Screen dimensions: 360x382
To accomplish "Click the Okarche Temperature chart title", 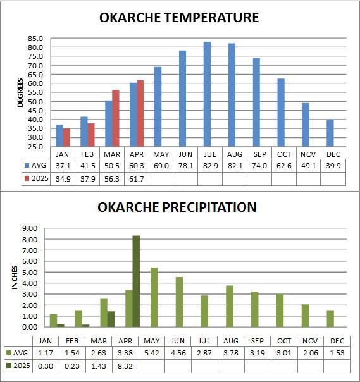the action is tap(179, 18).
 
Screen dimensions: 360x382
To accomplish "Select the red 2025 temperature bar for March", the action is tap(116, 118).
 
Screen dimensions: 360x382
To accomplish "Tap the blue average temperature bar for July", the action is tap(207, 94).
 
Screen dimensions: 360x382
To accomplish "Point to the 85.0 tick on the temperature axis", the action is tap(35, 39).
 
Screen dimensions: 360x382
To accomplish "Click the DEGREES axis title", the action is tap(20, 92).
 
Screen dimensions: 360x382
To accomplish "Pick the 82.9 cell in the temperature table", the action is tap(210, 166).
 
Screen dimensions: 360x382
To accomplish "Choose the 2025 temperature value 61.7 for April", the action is tap(136, 179).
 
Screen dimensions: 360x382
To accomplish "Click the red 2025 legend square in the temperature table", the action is tap(27, 178).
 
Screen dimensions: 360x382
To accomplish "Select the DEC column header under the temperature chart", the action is tap(333, 154).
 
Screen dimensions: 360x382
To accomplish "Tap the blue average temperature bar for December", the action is tap(330, 133).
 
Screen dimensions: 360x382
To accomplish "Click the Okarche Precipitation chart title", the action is tap(177, 207).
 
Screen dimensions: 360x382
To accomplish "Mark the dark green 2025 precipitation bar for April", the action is tap(136, 281).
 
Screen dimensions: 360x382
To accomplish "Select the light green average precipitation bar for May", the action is tap(154, 297).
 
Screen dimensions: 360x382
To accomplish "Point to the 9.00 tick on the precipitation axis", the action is tap(30, 228).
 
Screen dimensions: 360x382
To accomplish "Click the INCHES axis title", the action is tap(15, 278).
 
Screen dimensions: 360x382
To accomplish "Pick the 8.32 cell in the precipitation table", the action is tap(125, 366).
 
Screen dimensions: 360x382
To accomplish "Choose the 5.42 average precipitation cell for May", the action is tap(152, 353).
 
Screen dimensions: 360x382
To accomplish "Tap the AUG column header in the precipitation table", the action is tap(230, 341).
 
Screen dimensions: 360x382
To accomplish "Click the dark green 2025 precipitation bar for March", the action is tap(111, 319).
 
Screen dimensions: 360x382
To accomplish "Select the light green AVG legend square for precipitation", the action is tap(9, 353).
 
